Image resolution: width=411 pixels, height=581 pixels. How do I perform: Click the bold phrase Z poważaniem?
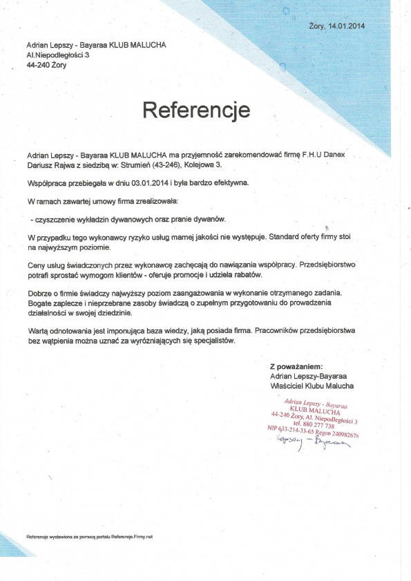coord(296,367)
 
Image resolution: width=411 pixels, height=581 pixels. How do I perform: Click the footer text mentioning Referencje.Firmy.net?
coord(89,536)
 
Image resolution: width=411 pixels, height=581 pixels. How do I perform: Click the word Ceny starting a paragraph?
coord(37,265)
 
